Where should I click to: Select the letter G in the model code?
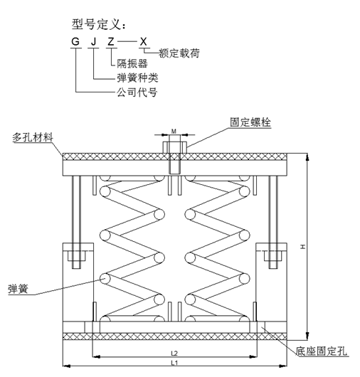[x=75, y=41]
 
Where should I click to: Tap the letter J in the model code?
[x=93, y=41]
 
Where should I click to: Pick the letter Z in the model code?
[x=110, y=41]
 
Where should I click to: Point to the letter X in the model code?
[x=143, y=41]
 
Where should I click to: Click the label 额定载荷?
[x=179, y=53]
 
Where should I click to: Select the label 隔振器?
[x=132, y=64]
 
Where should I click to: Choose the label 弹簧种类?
[x=137, y=78]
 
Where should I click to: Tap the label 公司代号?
[x=137, y=92]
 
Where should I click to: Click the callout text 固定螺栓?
[x=250, y=122]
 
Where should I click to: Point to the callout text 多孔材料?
[x=33, y=137]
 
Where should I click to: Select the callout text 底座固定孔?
[x=321, y=351]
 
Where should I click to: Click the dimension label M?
[x=174, y=132]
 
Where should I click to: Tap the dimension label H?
[x=303, y=247]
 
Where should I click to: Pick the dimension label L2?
[x=174, y=354]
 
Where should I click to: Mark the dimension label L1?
[x=174, y=363]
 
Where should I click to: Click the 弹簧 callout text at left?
[x=18, y=289]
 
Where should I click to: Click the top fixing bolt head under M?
[x=175, y=147]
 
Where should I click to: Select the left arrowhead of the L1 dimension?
[x=66, y=366]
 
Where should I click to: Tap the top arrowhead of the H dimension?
[x=307, y=157]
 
